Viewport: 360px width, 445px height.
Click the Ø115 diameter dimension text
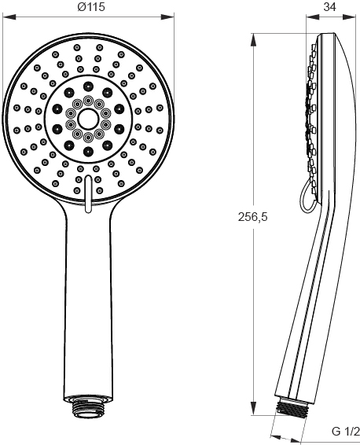(x=91, y=7)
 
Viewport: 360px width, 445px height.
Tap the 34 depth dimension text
(x=329, y=7)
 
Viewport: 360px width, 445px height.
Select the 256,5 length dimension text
(x=252, y=217)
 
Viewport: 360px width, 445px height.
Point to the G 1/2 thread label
(x=346, y=432)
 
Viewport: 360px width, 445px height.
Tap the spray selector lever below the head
(x=88, y=193)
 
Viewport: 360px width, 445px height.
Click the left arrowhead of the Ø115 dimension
(x=9, y=17)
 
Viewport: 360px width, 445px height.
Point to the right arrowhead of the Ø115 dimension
(x=167, y=17)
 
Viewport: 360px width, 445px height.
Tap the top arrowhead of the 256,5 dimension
(x=254, y=40)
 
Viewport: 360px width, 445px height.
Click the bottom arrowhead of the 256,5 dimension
(x=254, y=408)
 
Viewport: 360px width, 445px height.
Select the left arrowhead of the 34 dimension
(x=313, y=17)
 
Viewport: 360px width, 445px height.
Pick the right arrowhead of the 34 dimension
(x=349, y=17)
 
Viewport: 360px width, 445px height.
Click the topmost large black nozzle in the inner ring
(x=88, y=86)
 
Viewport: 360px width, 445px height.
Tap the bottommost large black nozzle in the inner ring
(x=88, y=152)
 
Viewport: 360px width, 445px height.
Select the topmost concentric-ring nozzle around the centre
(x=88, y=100)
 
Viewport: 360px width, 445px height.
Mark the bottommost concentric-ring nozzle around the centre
(x=88, y=138)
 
